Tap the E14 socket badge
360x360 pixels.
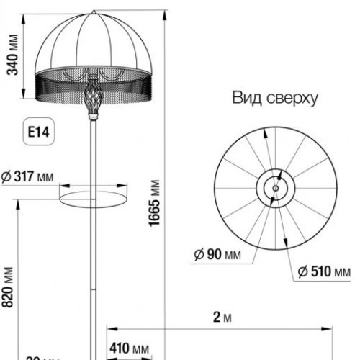(x=37, y=132)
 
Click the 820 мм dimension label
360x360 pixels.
(x=9, y=289)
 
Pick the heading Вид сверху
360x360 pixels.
(x=274, y=98)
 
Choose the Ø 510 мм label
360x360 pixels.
(x=325, y=271)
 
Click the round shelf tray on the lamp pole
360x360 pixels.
(x=92, y=196)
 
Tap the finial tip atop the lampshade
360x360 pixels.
(x=92, y=11)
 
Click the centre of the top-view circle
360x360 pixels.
(x=274, y=188)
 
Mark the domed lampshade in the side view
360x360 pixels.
(x=92, y=43)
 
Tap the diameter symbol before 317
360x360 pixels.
(x=6, y=176)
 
